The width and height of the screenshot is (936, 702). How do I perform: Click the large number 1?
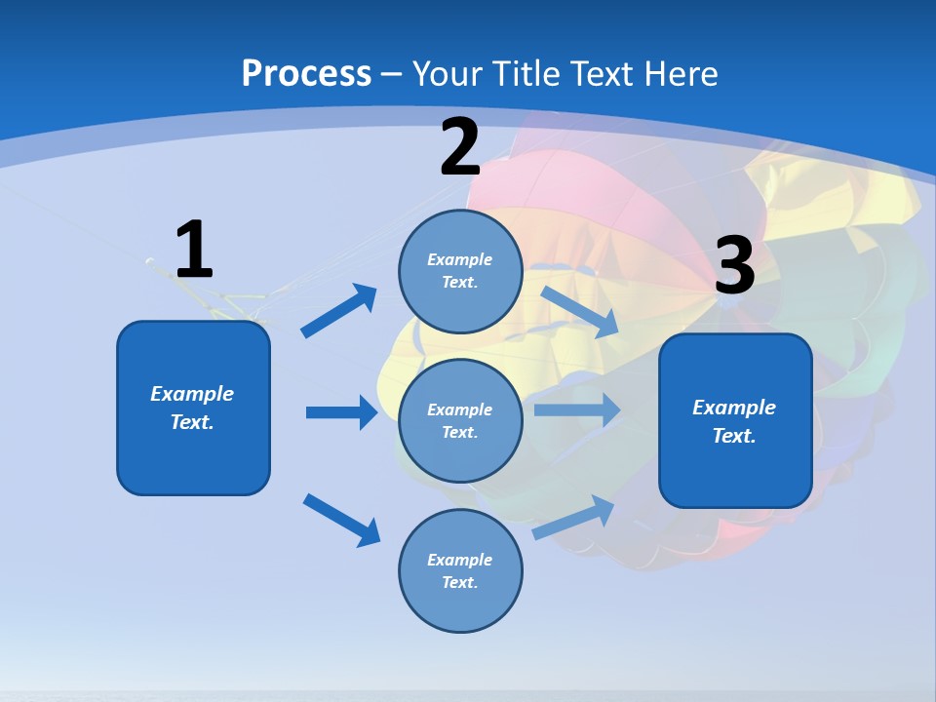[194, 250]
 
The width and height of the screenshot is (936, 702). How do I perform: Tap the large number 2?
[460, 147]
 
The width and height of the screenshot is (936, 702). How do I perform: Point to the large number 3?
[735, 265]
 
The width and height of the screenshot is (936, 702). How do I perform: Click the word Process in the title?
[306, 73]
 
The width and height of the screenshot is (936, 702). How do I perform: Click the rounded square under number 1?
[193, 408]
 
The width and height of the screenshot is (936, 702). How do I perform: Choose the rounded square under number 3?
[735, 420]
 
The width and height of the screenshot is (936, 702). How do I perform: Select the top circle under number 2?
[460, 271]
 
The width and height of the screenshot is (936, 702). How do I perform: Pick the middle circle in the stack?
[460, 420]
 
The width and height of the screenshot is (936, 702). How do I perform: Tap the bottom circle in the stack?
[460, 570]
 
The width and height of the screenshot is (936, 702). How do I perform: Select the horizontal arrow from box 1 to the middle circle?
[341, 412]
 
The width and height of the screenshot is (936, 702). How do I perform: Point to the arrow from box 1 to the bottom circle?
[341, 519]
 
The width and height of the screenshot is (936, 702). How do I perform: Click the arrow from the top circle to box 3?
[579, 311]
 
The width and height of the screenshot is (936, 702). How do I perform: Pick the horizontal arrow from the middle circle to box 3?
[577, 409]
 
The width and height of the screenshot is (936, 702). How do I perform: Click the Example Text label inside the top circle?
[460, 271]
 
